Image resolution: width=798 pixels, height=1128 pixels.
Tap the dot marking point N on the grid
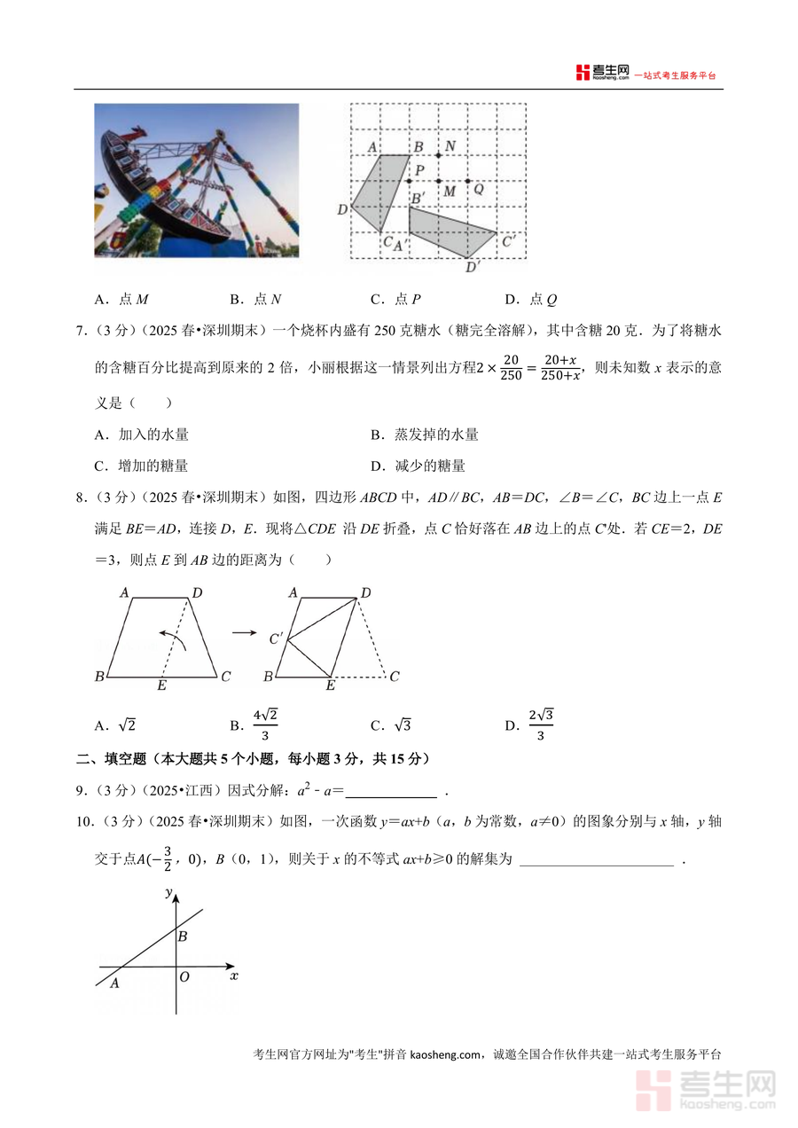pos(438,156)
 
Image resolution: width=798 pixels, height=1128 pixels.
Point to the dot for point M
pos(438,181)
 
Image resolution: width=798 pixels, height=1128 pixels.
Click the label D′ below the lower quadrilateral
pos(473,264)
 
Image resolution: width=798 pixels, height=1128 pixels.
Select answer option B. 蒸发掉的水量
pos(425,435)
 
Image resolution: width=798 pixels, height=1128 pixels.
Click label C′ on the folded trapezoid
pos(276,638)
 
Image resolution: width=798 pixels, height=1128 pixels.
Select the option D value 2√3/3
pos(540,725)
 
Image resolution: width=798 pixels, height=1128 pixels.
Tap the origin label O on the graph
pos(184,977)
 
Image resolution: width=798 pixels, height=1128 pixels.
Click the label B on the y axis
pos(182,936)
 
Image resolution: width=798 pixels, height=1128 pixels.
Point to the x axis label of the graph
pos(234,975)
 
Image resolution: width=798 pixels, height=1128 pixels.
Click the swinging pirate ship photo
pos(196,181)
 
